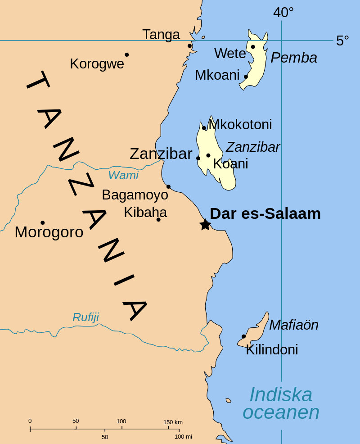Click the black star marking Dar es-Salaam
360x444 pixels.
tap(205, 224)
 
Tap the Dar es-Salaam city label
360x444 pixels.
tap(265, 213)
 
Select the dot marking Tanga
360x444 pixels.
tap(189, 46)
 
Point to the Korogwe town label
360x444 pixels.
tap(97, 64)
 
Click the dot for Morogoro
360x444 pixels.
tap(42, 222)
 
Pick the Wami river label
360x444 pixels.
tap(123, 175)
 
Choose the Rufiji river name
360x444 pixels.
tap(85, 317)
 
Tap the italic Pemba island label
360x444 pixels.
tap(294, 58)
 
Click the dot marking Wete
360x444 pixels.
tap(253, 47)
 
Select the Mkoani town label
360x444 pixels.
tap(217, 75)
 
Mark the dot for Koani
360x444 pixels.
tap(208, 155)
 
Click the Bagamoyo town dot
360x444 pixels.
tap(168, 186)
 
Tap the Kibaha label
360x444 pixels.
tap(145, 212)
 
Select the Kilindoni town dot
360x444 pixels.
tap(243, 336)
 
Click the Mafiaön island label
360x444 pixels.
tap(293, 325)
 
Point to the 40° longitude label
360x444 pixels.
tap(283, 13)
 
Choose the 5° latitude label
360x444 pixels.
tap(342, 41)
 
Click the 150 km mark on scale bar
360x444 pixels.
tap(173, 422)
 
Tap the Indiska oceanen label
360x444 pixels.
tap(281, 403)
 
